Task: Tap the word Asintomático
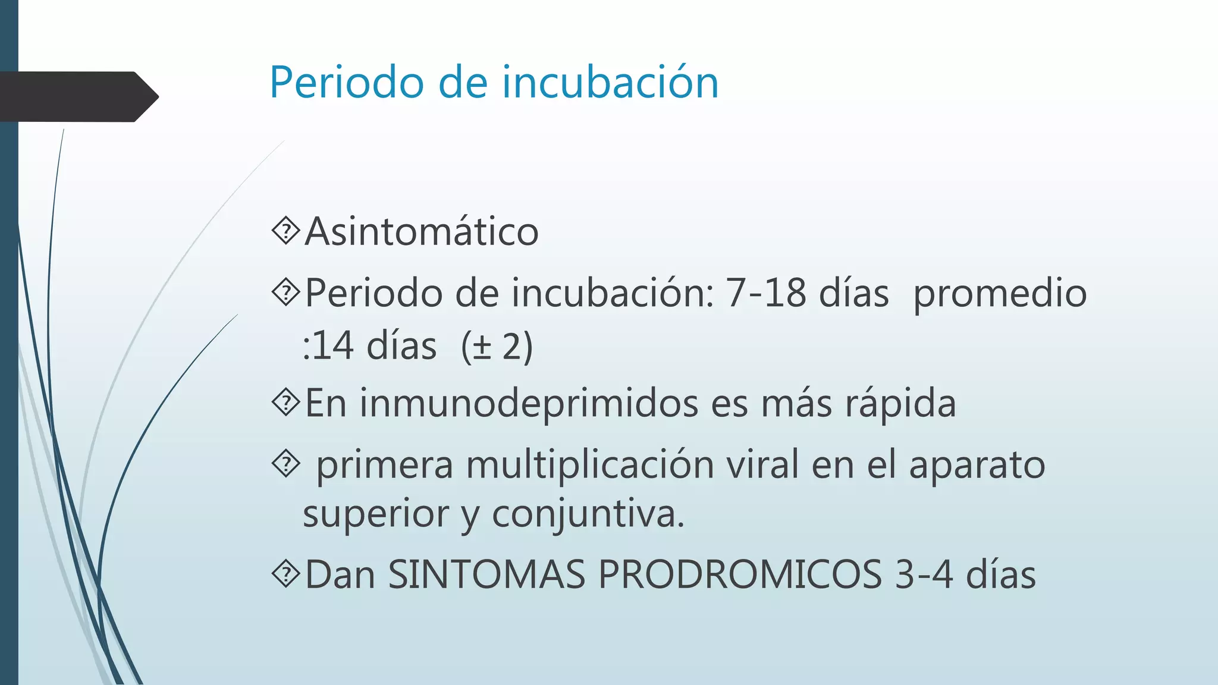422,231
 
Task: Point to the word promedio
1000,294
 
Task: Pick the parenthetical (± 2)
497,346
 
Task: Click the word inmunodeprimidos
529,404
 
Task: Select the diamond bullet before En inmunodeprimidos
287,403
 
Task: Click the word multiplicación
589,465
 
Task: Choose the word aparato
977,465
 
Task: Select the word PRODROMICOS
739,574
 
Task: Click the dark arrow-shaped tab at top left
77,97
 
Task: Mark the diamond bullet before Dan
287,574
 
